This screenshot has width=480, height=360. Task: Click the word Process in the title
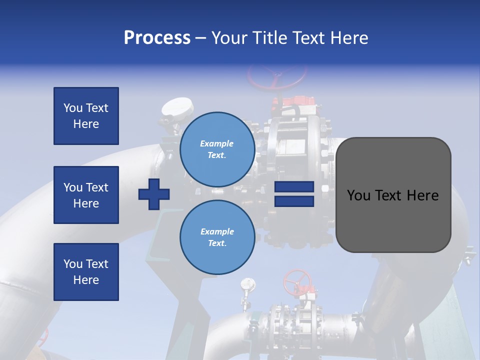point(157,38)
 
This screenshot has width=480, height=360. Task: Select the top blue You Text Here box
point(86,116)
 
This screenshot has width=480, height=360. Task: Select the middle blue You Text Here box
point(86,195)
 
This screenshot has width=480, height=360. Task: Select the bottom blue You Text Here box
point(86,272)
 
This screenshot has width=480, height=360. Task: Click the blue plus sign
point(154,194)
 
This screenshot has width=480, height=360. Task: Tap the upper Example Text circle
point(217,149)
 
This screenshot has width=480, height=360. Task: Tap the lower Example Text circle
point(217,237)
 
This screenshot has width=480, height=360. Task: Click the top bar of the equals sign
point(294,187)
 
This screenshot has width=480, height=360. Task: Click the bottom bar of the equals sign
point(294,201)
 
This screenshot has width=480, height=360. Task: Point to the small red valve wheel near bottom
point(297,282)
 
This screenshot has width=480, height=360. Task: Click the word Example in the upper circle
point(217,143)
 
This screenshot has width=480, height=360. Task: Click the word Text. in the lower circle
point(217,243)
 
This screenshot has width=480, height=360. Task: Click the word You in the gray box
point(358,195)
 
